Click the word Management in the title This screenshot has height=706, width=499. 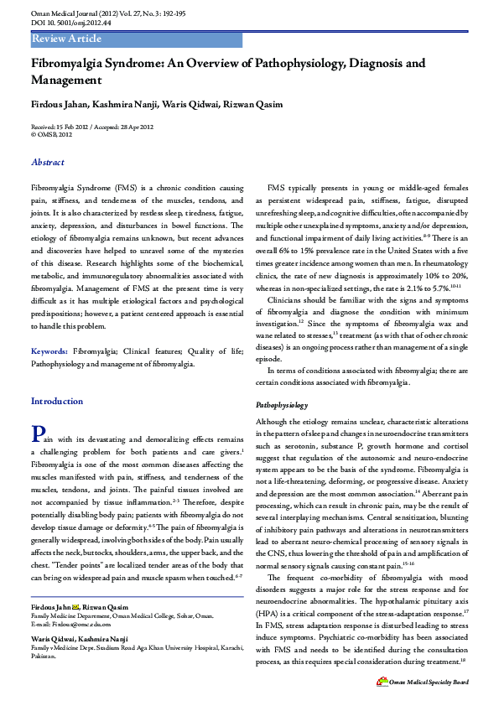[x=67, y=80]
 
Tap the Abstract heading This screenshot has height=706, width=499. [x=48, y=162]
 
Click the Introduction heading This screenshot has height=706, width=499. [x=57, y=401]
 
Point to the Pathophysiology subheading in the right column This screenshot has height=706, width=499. [x=282, y=405]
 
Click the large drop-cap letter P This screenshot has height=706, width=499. [x=37, y=433]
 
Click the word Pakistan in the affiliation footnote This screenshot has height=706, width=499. [x=44, y=657]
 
